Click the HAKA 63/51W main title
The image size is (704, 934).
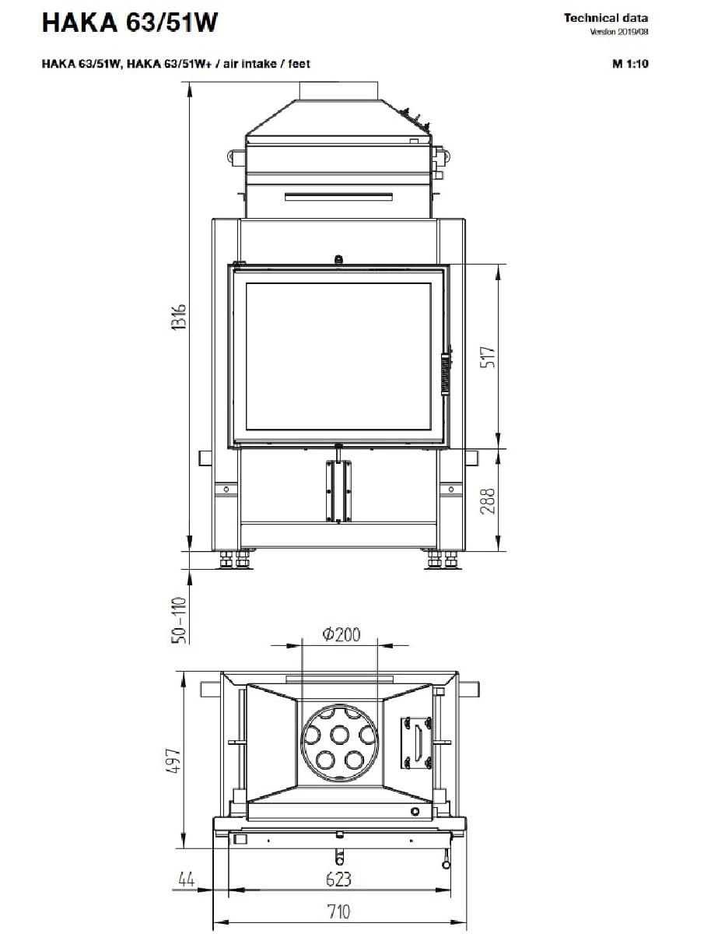click(x=130, y=22)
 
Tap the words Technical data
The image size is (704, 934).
click(x=606, y=18)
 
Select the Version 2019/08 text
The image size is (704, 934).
click(x=619, y=32)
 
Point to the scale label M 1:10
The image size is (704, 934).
click(x=630, y=64)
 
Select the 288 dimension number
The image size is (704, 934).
click(x=487, y=500)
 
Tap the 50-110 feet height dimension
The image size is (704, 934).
click(x=180, y=620)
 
